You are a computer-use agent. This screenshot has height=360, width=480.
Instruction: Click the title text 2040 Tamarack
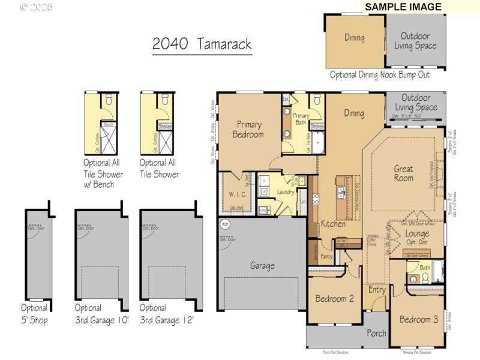(x=202, y=44)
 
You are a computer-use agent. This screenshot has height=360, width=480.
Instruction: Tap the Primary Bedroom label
(x=248, y=130)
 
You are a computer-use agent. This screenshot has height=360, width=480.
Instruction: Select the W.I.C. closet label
(x=235, y=194)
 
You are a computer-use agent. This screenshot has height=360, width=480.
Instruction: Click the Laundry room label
(x=285, y=192)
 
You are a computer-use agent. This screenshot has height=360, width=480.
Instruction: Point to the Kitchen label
(x=333, y=223)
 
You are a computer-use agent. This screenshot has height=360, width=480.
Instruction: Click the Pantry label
(x=326, y=256)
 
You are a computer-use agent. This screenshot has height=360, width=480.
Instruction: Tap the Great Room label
(x=403, y=173)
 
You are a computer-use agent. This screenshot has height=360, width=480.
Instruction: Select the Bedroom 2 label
(x=334, y=298)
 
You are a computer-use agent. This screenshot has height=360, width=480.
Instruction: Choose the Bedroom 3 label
(x=419, y=319)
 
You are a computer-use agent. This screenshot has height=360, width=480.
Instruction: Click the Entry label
(x=377, y=290)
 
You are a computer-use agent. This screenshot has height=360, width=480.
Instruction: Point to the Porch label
(x=377, y=333)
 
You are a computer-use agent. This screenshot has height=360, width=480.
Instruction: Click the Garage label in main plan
(x=262, y=265)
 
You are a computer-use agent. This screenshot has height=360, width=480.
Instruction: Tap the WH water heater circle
(x=225, y=224)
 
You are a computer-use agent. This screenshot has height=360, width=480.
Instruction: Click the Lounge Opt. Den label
(x=416, y=238)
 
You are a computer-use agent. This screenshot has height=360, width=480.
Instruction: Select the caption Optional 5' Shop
(x=34, y=314)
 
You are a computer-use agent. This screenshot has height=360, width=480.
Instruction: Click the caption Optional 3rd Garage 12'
(x=166, y=314)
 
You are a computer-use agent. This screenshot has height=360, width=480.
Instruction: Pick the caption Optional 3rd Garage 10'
(x=102, y=314)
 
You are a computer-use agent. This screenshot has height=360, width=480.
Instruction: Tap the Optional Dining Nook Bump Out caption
(x=379, y=75)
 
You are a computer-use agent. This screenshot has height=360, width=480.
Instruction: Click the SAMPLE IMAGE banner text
(x=403, y=7)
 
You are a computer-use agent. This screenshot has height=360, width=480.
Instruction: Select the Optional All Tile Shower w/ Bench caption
(x=103, y=173)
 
